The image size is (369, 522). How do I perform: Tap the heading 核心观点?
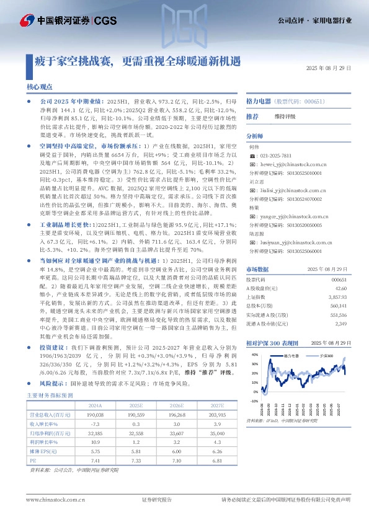click(40, 87)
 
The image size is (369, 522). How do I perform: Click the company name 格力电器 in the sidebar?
click(259, 100)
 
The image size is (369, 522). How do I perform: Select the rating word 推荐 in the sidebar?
click(252, 117)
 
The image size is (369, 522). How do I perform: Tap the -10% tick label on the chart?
click(254, 400)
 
